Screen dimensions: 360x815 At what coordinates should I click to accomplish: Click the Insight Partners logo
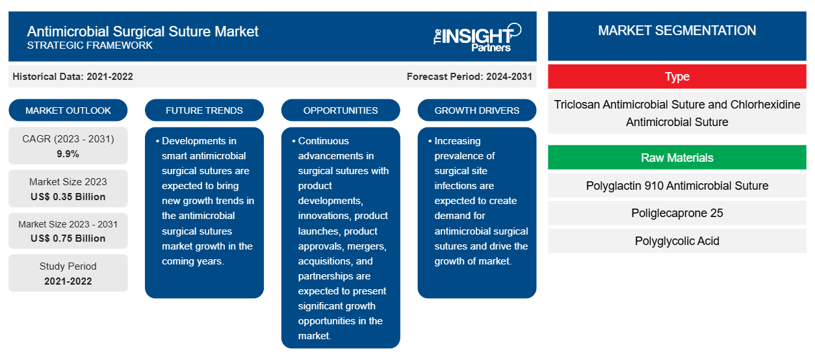pyautogui.click(x=477, y=36)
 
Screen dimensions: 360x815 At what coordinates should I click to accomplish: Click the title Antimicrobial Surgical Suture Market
pyautogui.click(x=142, y=31)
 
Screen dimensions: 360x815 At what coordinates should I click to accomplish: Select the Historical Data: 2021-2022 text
pyautogui.click(x=73, y=77)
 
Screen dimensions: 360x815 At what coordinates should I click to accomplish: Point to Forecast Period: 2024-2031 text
pyautogui.click(x=469, y=77)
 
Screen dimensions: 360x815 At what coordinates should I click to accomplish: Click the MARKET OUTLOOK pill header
pyautogui.click(x=68, y=110)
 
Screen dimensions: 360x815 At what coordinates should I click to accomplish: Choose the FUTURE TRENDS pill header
pyautogui.click(x=204, y=110)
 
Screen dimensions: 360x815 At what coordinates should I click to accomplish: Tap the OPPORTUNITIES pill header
pyautogui.click(x=341, y=110)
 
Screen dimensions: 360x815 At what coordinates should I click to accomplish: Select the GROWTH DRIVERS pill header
pyautogui.click(x=477, y=110)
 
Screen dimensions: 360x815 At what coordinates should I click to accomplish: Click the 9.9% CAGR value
pyautogui.click(x=68, y=154)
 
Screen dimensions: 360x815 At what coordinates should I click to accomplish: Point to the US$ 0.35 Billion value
pyautogui.click(x=68, y=197)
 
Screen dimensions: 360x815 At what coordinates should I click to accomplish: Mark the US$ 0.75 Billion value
pyautogui.click(x=68, y=238)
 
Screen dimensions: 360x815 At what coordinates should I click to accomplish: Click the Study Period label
pyautogui.click(x=68, y=266)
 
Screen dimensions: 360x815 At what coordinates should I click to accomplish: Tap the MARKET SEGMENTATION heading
pyautogui.click(x=677, y=31)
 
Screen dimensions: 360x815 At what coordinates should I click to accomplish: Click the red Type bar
pyautogui.click(x=677, y=77)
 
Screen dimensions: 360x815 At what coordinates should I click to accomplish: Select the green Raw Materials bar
pyautogui.click(x=677, y=158)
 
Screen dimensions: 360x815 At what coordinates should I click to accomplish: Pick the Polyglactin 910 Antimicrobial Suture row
pyautogui.click(x=677, y=186)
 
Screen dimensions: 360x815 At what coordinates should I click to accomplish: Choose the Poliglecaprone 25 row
pyautogui.click(x=677, y=213)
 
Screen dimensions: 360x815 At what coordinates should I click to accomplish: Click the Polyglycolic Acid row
pyautogui.click(x=677, y=241)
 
